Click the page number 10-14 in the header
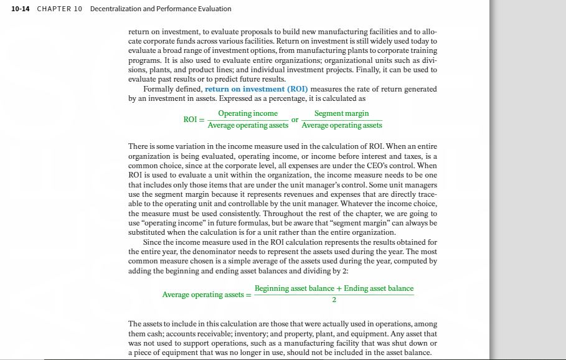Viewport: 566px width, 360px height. (x=20, y=9)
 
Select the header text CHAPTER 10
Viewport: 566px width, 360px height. (x=60, y=9)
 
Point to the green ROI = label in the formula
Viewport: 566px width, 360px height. (x=192, y=119)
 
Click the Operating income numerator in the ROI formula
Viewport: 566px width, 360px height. (x=248, y=113)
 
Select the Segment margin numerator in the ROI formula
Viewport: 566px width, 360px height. (x=341, y=113)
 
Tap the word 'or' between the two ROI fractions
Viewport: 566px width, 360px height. (x=295, y=119)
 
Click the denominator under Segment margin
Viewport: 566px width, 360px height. (x=341, y=125)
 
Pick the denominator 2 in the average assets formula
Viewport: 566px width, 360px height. (x=334, y=300)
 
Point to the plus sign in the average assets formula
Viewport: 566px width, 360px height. (x=339, y=288)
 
